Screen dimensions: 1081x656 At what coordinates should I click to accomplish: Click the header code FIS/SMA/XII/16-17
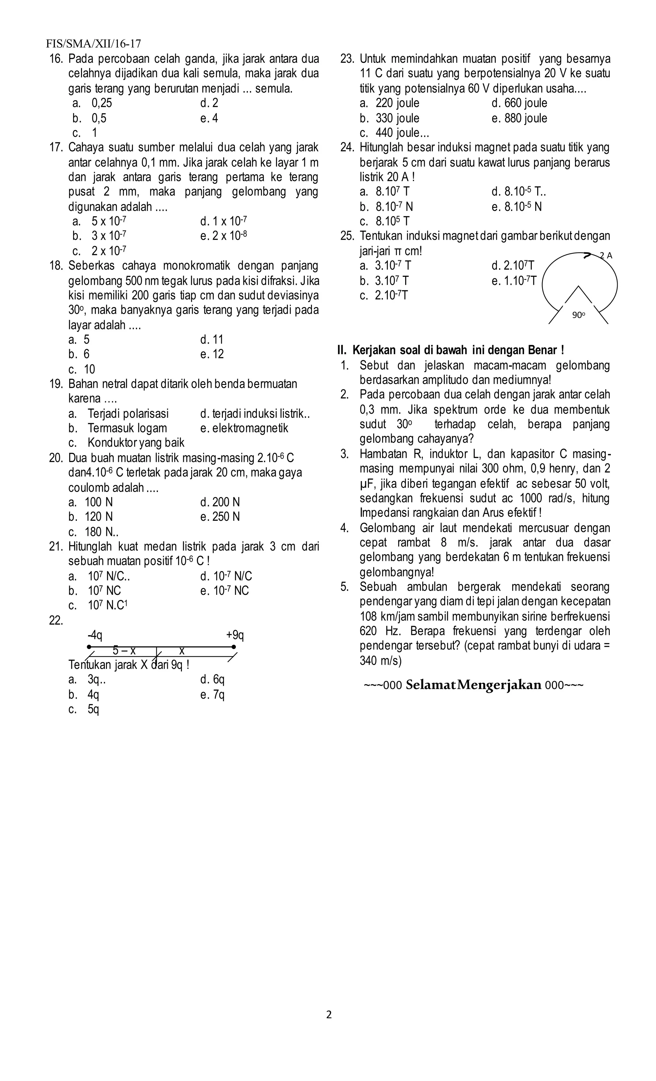(x=94, y=44)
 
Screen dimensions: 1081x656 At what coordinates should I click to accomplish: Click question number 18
(x=56, y=266)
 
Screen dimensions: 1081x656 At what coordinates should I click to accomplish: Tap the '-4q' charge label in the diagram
(x=95, y=635)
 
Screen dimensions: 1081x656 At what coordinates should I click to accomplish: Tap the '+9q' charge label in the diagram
(x=235, y=635)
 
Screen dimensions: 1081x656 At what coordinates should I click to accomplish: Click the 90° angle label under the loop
(x=578, y=315)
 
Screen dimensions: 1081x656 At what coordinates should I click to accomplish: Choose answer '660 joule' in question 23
(x=525, y=104)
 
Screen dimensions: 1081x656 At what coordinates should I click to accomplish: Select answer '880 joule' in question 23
(x=525, y=119)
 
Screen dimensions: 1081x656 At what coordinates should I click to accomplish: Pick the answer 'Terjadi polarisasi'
(x=128, y=414)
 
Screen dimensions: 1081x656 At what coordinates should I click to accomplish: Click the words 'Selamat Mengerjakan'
(x=473, y=685)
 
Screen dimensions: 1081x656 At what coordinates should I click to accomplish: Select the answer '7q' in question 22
(x=218, y=695)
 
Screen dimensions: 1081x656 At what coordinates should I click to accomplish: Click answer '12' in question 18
(x=218, y=354)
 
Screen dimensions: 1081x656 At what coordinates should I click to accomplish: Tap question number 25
(x=347, y=236)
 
